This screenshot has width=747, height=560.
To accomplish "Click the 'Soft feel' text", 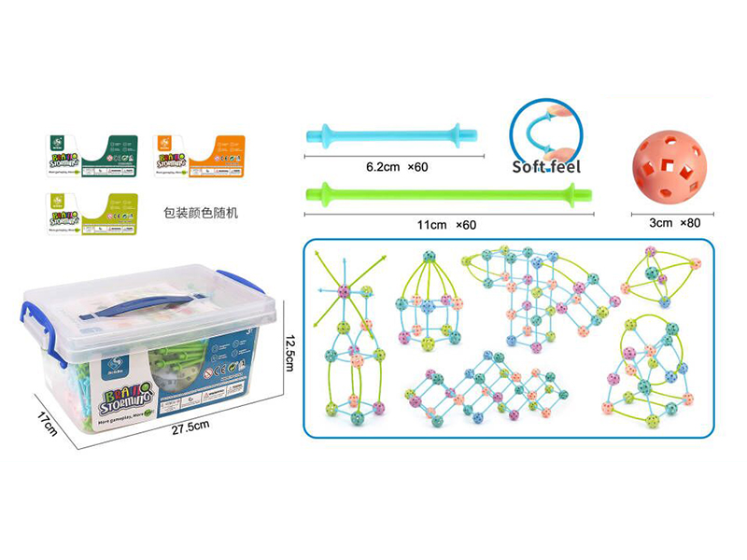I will [x=546, y=168].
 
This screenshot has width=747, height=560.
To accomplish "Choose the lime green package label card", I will [x=92, y=213].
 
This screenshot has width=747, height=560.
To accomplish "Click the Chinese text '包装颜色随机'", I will [x=200, y=213].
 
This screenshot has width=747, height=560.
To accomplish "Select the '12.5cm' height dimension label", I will [x=290, y=351].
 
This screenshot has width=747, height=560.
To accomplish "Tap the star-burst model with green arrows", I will [x=343, y=287].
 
